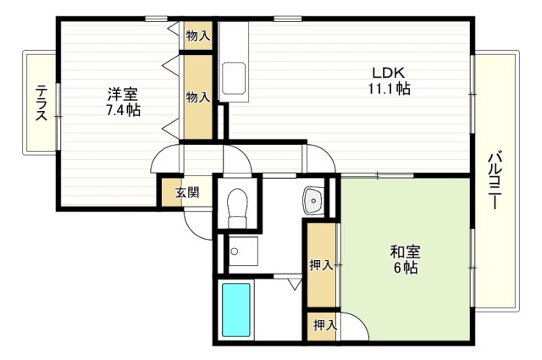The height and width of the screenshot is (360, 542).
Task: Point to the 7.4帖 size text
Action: pyautogui.click(x=123, y=110)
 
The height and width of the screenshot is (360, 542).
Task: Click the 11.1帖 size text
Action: pyautogui.click(x=390, y=88)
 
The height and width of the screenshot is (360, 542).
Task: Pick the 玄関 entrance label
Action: pyautogui.click(x=187, y=192)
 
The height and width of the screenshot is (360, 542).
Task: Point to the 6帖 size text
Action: pyautogui.click(x=404, y=269)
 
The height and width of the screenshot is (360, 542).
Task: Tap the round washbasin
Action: pyautogui.click(x=312, y=201)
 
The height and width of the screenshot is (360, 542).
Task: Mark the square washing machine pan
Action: pyautogui.click(x=244, y=251)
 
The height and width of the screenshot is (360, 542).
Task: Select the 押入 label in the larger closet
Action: pyautogui.click(x=321, y=265)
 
